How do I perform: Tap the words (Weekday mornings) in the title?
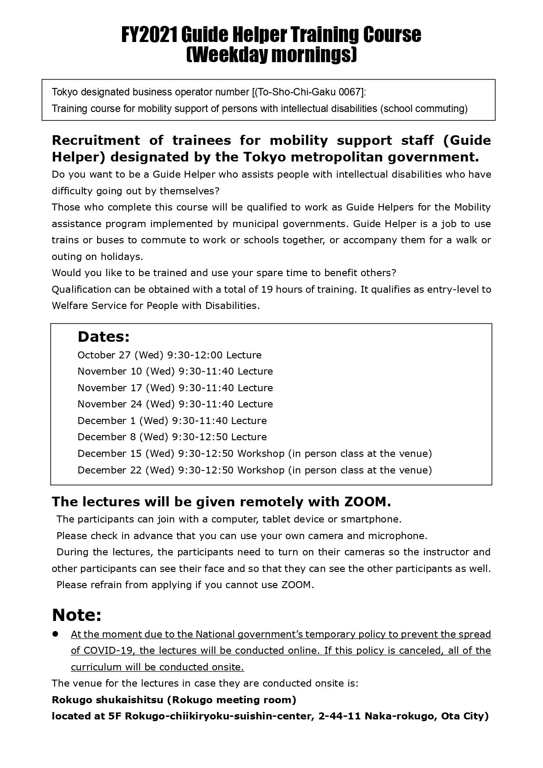point(271,55)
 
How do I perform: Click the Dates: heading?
point(104,337)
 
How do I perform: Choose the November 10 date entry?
point(110,371)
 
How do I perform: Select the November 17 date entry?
point(110,388)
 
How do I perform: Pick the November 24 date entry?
point(110,404)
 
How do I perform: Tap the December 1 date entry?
point(106,421)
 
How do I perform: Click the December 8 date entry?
point(106,437)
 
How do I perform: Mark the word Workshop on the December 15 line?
point(261,453)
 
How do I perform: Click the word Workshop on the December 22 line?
point(261,470)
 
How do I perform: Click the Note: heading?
point(77,615)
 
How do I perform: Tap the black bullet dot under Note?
point(56,634)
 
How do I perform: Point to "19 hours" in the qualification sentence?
point(279,289)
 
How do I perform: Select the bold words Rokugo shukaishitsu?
point(107,700)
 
